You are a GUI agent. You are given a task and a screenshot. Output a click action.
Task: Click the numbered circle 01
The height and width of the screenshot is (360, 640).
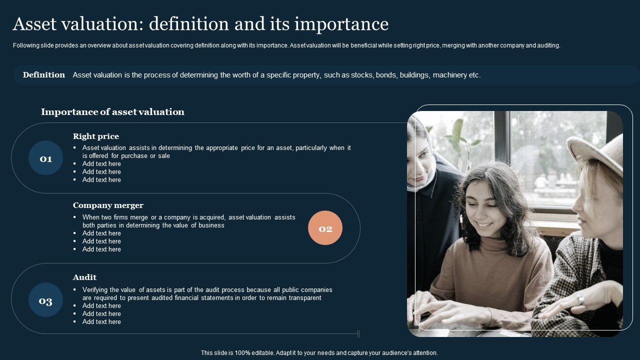[45, 159]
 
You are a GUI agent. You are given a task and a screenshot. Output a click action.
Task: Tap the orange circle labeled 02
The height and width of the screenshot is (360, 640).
[325, 228]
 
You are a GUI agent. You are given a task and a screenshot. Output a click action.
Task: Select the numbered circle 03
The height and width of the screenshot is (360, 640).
[45, 301]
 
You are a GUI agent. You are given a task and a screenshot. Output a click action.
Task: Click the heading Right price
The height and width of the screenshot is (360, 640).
[95, 136]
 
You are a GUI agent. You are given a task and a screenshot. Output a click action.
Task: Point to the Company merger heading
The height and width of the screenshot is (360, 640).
[108, 205]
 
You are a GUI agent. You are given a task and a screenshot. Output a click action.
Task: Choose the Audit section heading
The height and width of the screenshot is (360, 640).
[84, 277]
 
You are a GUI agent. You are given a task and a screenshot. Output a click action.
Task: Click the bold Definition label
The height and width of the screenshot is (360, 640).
[44, 75]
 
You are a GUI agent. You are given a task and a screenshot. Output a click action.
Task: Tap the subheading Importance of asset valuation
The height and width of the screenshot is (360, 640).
[112, 112]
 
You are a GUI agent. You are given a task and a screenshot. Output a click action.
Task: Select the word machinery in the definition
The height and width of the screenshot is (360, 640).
[449, 75]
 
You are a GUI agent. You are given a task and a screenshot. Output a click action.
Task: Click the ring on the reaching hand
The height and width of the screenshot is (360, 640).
[580, 299]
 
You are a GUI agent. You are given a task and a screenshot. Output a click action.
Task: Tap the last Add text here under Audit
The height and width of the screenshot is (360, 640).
[101, 322]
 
